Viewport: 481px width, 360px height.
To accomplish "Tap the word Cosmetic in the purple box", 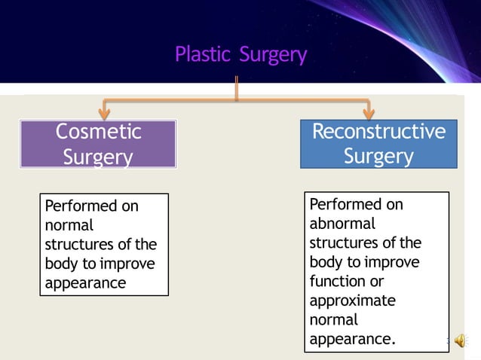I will pos(98,132).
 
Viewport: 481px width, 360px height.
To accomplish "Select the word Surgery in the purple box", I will pos(98,157).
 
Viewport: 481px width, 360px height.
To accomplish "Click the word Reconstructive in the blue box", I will pos(378,132).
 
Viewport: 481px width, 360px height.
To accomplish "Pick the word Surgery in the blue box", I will pos(378,156).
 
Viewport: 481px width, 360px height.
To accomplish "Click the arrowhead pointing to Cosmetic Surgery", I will pos(104,112).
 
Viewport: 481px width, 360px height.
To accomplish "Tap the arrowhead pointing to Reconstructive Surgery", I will pos(369,112).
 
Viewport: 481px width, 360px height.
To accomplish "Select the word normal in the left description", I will pos(69,225).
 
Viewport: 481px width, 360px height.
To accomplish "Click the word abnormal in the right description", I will pos(342,224).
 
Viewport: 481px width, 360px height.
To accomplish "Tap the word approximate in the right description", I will pos(352,301).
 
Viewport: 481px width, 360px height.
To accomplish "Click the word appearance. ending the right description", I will pos(351,339).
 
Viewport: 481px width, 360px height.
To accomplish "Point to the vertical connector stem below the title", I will pos(237,87).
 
